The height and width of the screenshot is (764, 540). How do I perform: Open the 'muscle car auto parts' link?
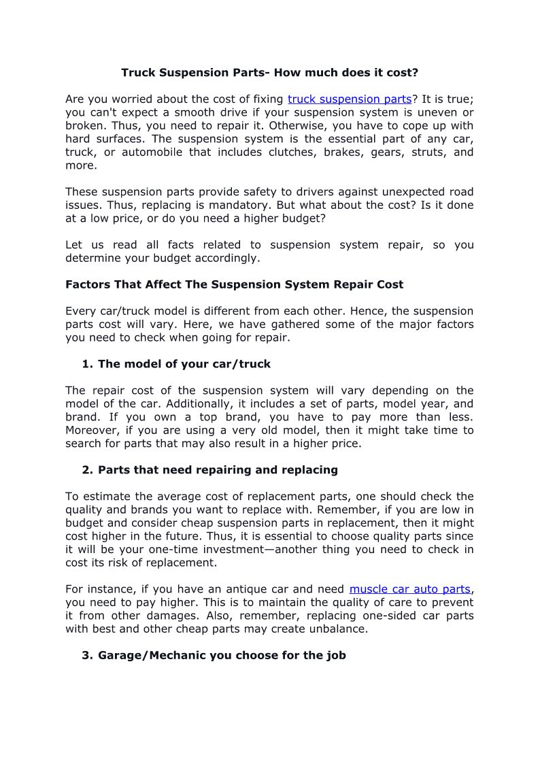[409, 589]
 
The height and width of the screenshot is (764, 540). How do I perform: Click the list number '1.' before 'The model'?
[87, 364]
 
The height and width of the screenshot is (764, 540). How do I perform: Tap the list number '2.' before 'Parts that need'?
[87, 470]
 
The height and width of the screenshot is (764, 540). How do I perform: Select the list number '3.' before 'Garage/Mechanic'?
[87, 656]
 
